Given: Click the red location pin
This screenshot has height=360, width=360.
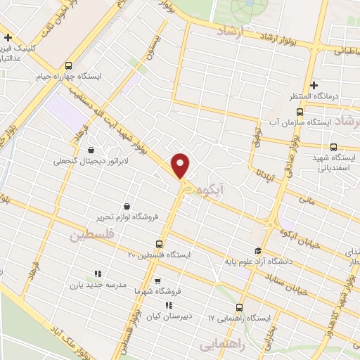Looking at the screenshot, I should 181,165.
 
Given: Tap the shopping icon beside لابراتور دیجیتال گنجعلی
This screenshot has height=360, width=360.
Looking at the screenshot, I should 91,150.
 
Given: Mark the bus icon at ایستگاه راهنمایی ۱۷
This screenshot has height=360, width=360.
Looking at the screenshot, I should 239,307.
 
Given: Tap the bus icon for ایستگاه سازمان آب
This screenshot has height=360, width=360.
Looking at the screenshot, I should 300,112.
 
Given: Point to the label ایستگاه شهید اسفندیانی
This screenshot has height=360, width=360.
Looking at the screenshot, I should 336,162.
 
